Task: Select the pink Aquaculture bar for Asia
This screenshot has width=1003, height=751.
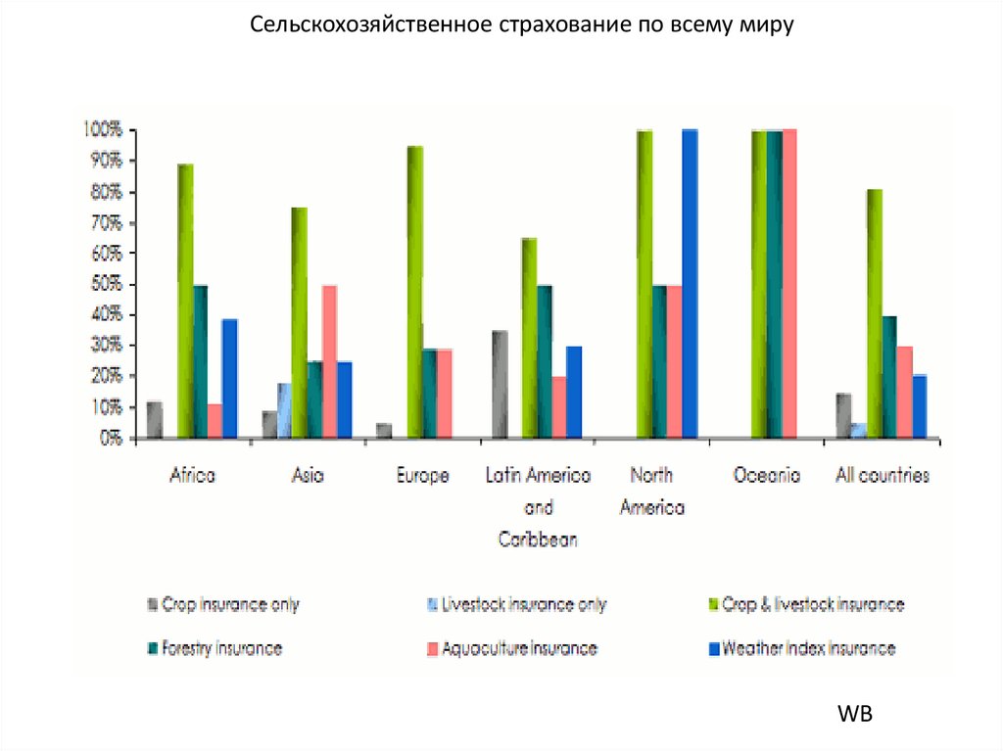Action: [330, 361]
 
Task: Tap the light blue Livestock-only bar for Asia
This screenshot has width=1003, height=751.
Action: [284, 410]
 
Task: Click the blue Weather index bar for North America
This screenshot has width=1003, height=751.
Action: [690, 283]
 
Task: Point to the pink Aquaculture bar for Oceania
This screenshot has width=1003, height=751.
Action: [789, 283]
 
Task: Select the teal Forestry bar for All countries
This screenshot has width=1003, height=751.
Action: [889, 377]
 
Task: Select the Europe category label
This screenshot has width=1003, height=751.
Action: [422, 477]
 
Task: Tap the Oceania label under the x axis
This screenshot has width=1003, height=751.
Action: [767, 477]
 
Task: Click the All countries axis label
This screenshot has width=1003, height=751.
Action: [882, 477]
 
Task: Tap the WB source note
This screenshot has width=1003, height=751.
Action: [854, 715]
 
